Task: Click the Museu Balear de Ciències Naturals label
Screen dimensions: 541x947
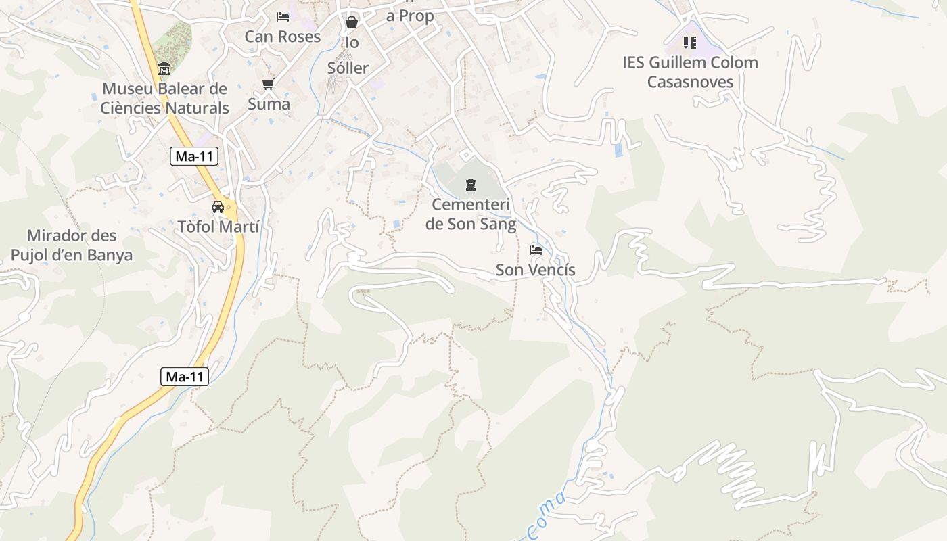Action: click(165, 98)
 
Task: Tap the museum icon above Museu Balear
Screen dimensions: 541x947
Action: click(164, 69)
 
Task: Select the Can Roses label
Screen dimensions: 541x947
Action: click(283, 37)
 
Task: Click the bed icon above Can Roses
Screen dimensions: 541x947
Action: click(283, 16)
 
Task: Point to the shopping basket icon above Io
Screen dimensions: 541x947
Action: click(352, 23)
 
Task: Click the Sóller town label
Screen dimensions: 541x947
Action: click(348, 68)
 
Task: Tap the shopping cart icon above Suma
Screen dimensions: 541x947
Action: click(269, 85)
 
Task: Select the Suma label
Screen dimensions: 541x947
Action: click(269, 104)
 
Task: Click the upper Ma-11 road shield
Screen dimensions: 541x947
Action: click(194, 157)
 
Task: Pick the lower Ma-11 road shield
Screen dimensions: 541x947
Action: click(185, 377)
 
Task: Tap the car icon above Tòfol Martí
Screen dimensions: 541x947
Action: click(218, 207)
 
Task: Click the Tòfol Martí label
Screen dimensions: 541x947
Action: click(218, 227)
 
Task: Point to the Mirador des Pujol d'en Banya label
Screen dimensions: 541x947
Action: click(72, 245)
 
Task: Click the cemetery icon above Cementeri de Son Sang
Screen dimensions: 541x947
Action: click(471, 184)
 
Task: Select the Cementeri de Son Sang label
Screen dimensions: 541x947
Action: click(471, 214)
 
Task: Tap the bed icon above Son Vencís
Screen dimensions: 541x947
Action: click(536, 250)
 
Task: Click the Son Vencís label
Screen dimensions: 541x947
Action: click(536, 270)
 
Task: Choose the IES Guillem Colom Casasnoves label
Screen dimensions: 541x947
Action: click(690, 72)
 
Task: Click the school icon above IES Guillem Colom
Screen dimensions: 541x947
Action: click(690, 43)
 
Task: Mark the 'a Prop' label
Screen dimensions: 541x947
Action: click(410, 16)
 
